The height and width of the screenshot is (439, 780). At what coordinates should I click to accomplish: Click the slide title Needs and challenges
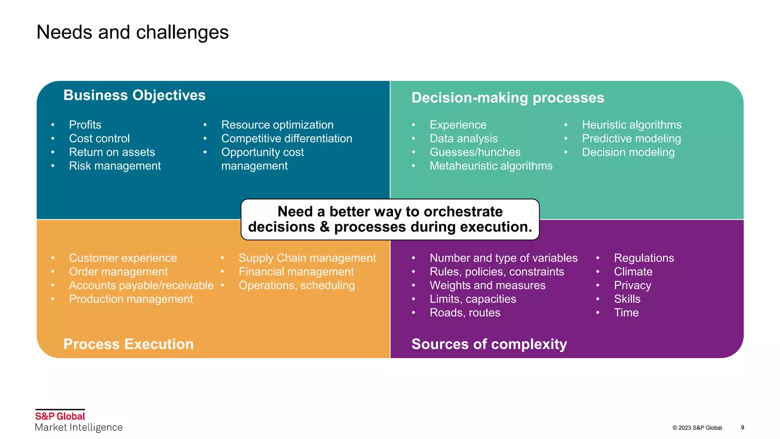pos(132,32)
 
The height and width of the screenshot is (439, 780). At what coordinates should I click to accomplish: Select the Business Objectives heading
pos(134,95)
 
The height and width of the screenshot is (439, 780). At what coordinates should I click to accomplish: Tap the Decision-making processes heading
pos(507,98)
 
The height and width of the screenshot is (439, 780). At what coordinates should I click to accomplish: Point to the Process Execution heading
pos(128,344)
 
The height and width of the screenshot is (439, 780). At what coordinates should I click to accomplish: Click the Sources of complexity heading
pos(489,344)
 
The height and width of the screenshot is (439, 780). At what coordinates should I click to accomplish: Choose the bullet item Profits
pos(85,125)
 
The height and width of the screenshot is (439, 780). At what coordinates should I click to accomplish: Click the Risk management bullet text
pos(115,166)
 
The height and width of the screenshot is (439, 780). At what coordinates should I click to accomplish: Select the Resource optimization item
pos(277,125)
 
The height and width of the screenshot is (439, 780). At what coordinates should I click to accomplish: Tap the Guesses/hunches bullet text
pos(475,152)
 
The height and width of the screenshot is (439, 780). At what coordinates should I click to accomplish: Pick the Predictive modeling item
pos(631,139)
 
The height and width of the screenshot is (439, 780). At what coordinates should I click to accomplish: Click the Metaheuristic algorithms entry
pos(491,166)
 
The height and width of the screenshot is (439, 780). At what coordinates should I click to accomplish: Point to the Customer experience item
pos(123,258)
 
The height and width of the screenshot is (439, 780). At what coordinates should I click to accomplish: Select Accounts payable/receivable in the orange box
pos(141,285)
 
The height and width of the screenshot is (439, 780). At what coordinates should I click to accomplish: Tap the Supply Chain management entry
pos(307,258)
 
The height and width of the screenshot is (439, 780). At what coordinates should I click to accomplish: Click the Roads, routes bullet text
pos(465,313)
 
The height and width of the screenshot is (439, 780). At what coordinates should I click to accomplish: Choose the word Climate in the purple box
pos(633,272)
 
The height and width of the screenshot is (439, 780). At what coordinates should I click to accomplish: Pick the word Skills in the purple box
pos(627,299)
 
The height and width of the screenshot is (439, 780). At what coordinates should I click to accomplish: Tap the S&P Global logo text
pos(60,416)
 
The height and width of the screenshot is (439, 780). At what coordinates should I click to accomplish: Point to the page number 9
pos(742,428)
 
